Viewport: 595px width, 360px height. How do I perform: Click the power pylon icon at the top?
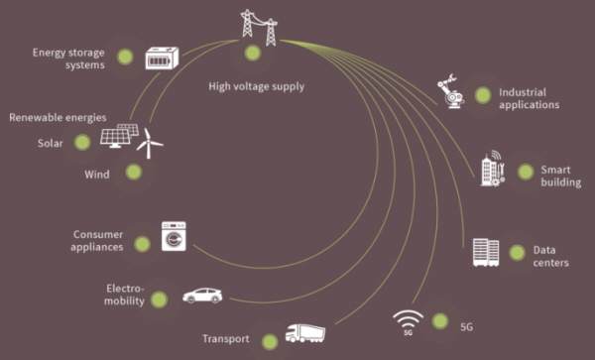pos(259,28)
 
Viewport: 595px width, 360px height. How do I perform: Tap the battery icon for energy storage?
pos(162,59)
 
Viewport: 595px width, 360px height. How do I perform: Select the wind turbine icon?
pos(149,144)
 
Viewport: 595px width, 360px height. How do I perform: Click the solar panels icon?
pos(119,136)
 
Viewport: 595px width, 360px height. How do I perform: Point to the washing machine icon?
pos(174,236)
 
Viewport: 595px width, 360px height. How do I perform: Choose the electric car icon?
pos(202,296)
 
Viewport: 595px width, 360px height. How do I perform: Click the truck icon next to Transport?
pos(305,333)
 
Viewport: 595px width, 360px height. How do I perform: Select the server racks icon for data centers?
pos(486,252)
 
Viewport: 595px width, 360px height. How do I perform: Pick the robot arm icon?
pos(451,91)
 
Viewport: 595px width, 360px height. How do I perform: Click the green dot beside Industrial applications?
pos(483,95)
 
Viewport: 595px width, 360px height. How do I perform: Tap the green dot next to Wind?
pos(134,172)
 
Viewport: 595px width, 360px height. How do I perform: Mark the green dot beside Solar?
pos(82,142)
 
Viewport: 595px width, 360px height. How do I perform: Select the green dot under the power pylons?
pos(253,53)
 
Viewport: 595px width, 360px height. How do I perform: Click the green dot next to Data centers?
pos(517,253)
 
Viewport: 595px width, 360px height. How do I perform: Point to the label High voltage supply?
pos(257,86)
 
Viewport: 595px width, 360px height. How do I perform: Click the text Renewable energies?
pos(58,118)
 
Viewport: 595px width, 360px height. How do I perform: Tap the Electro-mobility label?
pos(125,295)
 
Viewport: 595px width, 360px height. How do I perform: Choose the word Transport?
pos(226,339)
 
